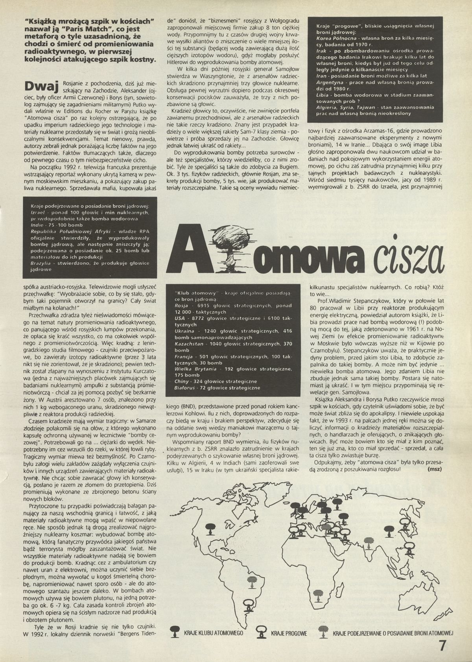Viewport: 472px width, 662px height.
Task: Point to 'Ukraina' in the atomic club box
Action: point(184,331)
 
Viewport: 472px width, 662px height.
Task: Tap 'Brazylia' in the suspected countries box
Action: point(42,263)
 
